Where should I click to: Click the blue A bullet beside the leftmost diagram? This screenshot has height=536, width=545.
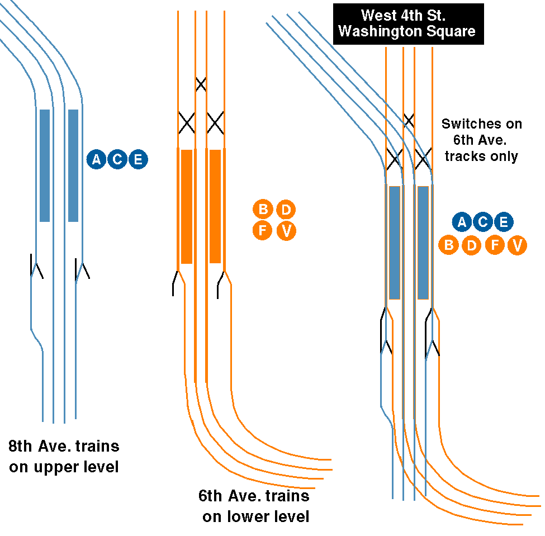96,160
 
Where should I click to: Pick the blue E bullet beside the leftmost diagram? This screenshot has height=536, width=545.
138,160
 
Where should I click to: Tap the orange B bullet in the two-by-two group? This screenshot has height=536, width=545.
263,210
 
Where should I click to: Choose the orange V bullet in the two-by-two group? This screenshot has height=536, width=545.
286,231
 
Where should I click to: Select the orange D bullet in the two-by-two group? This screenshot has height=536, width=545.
286,210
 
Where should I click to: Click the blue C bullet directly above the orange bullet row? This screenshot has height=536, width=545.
482,222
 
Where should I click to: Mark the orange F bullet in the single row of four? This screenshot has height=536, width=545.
494,245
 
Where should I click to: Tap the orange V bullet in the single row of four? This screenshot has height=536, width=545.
517,245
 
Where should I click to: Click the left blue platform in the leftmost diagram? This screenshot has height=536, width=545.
45,165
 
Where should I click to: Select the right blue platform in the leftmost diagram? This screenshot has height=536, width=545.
73,165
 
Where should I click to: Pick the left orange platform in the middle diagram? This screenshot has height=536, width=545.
187,206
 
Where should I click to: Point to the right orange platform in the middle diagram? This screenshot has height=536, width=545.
215,206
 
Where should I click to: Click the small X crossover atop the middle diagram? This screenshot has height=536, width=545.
201,84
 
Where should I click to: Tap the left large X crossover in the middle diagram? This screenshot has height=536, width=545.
186,123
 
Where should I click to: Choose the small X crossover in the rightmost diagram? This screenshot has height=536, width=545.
409,120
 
